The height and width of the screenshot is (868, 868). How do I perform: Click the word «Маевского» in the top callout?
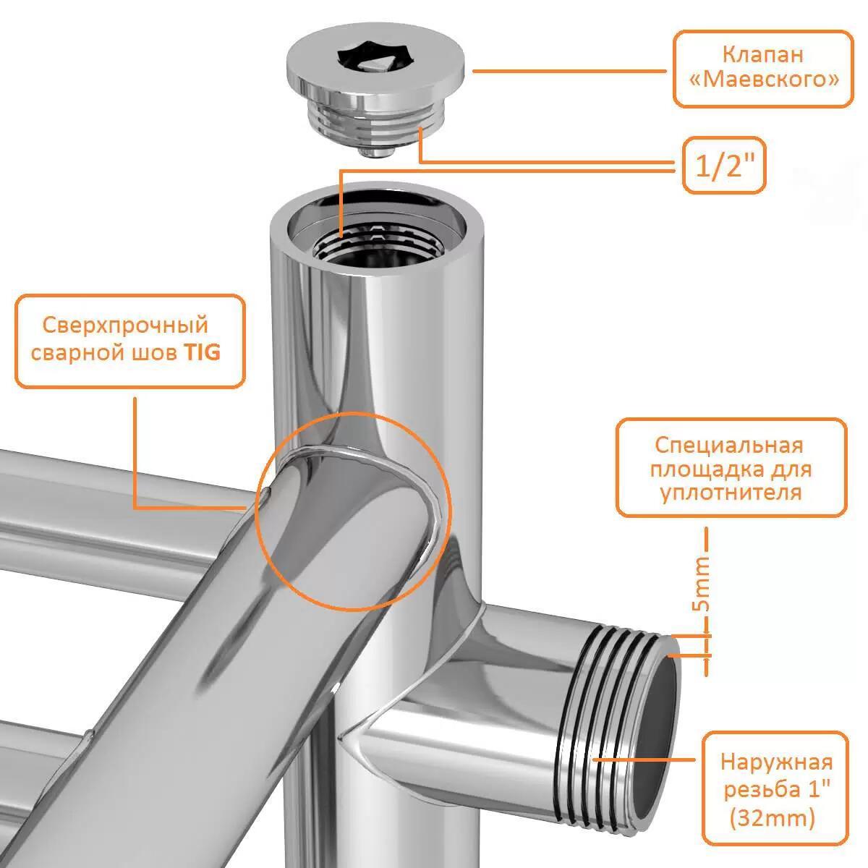764,80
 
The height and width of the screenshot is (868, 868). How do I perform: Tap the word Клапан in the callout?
763,54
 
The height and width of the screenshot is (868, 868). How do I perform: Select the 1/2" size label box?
724,166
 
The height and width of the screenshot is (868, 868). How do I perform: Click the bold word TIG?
202,352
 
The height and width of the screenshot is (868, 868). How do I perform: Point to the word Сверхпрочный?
125,326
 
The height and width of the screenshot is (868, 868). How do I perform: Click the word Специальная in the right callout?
729,446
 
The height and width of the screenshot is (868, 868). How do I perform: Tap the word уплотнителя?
731,493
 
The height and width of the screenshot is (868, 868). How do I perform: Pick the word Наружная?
777,762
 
